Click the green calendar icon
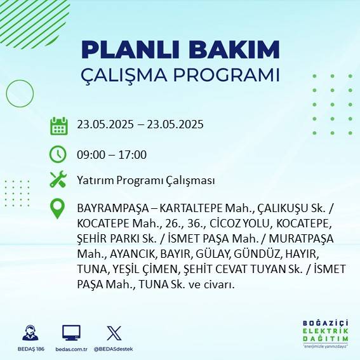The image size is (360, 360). [58, 125]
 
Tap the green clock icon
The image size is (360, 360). [58, 154]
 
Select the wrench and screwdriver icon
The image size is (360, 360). [58, 180]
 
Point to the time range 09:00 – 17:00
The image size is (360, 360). [112, 155]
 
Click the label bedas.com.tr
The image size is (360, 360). [70, 349]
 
